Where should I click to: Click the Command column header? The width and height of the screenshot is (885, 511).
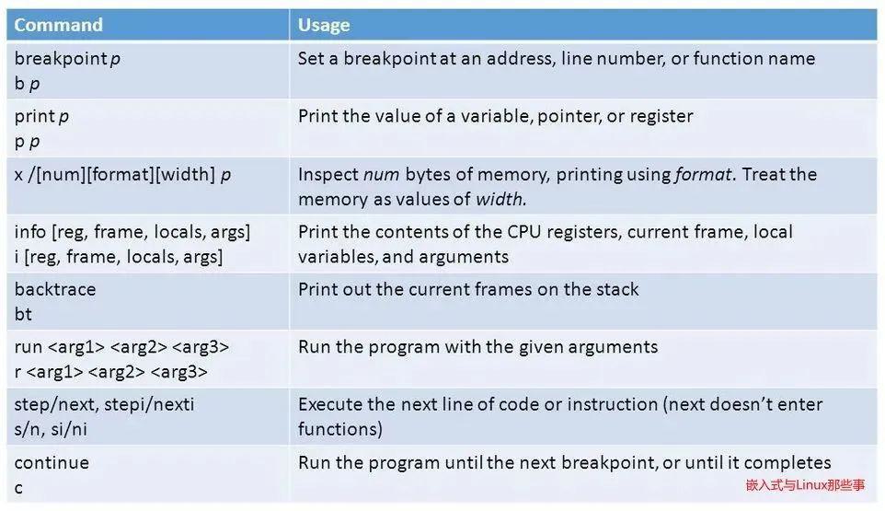click(58, 25)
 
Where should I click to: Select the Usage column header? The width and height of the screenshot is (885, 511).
click(324, 25)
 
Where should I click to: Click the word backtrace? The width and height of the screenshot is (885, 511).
click(55, 289)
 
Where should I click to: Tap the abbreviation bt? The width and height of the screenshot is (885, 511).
click(23, 314)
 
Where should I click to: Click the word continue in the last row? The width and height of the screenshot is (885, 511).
click(52, 462)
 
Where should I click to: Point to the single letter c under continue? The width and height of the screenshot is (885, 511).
click(18, 488)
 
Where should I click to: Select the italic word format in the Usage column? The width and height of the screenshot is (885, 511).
click(703, 174)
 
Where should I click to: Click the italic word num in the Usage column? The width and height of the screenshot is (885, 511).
click(381, 174)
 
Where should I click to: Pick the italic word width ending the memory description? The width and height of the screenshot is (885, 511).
click(500, 199)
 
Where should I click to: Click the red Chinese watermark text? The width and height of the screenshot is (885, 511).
click(805, 485)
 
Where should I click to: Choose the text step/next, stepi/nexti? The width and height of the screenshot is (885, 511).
click(104, 404)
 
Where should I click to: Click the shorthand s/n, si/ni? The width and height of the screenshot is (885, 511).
click(51, 429)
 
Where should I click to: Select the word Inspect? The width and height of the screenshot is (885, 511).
click(328, 174)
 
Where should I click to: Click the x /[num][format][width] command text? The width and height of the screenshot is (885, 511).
click(122, 174)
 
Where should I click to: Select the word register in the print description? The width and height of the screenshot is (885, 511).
click(661, 116)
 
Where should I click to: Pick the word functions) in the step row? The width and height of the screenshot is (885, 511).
click(339, 429)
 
